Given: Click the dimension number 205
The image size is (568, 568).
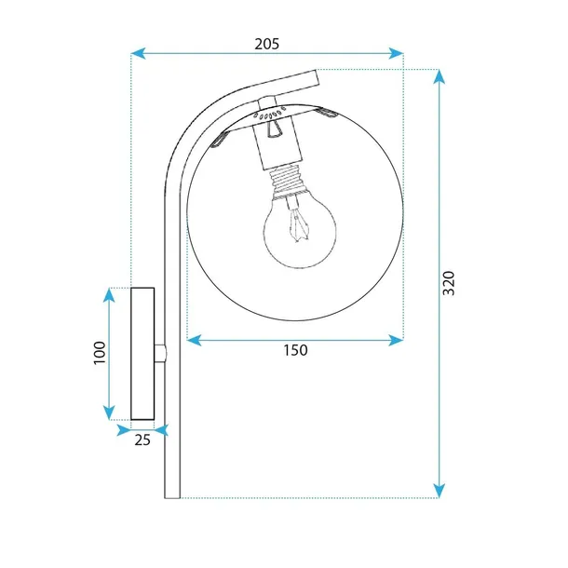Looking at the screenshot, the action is tap(267, 44).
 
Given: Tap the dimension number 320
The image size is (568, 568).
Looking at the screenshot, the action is tap(449, 283).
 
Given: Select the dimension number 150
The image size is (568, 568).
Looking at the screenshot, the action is tap(295, 350).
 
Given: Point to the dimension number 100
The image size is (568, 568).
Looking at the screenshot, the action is tap(100, 353).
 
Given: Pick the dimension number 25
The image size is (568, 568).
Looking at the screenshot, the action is tap(142, 440).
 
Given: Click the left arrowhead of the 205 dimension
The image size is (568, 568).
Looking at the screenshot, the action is tap(138, 53).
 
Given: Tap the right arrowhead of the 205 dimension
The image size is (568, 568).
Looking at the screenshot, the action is tap(396, 53).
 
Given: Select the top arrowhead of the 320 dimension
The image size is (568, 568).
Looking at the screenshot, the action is tap(440, 76).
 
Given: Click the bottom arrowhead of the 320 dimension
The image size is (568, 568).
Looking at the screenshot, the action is tap(440, 491).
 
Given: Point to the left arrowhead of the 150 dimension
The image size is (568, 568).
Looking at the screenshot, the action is tap(195, 340).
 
